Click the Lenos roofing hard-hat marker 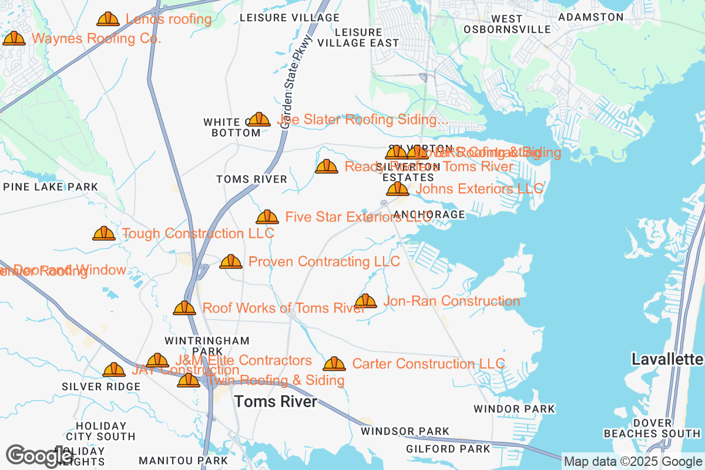pyautogui.click(x=108, y=19)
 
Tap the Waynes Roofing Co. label pyautogui.click(x=96, y=39)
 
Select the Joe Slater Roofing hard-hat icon pyautogui.click(x=258, y=120)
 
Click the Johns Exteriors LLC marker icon pyautogui.click(x=398, y=189)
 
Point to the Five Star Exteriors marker pyautogui.click(x=267, y=217)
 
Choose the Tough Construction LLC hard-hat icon pyautogui.click(x=104, y=234)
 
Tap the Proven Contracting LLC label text pyautogui.click(x=324, y=261)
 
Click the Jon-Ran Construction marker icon pyautogui.click(x=365, y=301)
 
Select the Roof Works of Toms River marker pyautogui.click(x=184, y=308)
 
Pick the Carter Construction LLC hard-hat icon pyautogui.click(x=334, y=364)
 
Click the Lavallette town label pyautogui.click(x=667, y=359)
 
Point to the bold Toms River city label pyautogui.click(x=276, y=402)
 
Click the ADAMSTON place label pyautogui.click(x=590, y=18)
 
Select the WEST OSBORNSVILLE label pyautogui.click(x=507, y=24)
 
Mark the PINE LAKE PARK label pyautogui.click(x=51, y=187)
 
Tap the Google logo pyautogui.click(x=40, y=455)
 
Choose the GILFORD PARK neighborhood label pyautogui.click(x=448, y=449)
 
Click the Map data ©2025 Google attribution pyautogui.click(x=633, y=462)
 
